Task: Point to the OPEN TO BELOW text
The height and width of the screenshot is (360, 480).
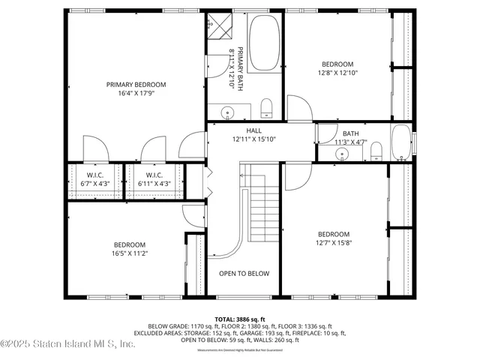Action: pyautogui.click(x=244, y=274)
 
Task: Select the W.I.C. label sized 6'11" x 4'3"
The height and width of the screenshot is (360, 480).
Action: pyautogui.click(x=154, y=179)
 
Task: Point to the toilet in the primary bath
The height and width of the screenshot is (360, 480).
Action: pyautogui.click(x=266, y=109)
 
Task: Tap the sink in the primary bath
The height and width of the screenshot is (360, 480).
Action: pyautogui.click(x=226, y=112)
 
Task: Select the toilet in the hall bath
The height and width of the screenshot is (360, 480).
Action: pyautogui.click(x=377, y=151)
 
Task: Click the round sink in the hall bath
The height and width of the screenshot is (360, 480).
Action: pyautogui.click(x=343, y=154)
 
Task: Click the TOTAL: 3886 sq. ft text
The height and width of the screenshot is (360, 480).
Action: pyautogui.click(x=240, y=319)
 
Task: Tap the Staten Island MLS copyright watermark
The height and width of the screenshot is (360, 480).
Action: pyautogui.click(x=67, y=344)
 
